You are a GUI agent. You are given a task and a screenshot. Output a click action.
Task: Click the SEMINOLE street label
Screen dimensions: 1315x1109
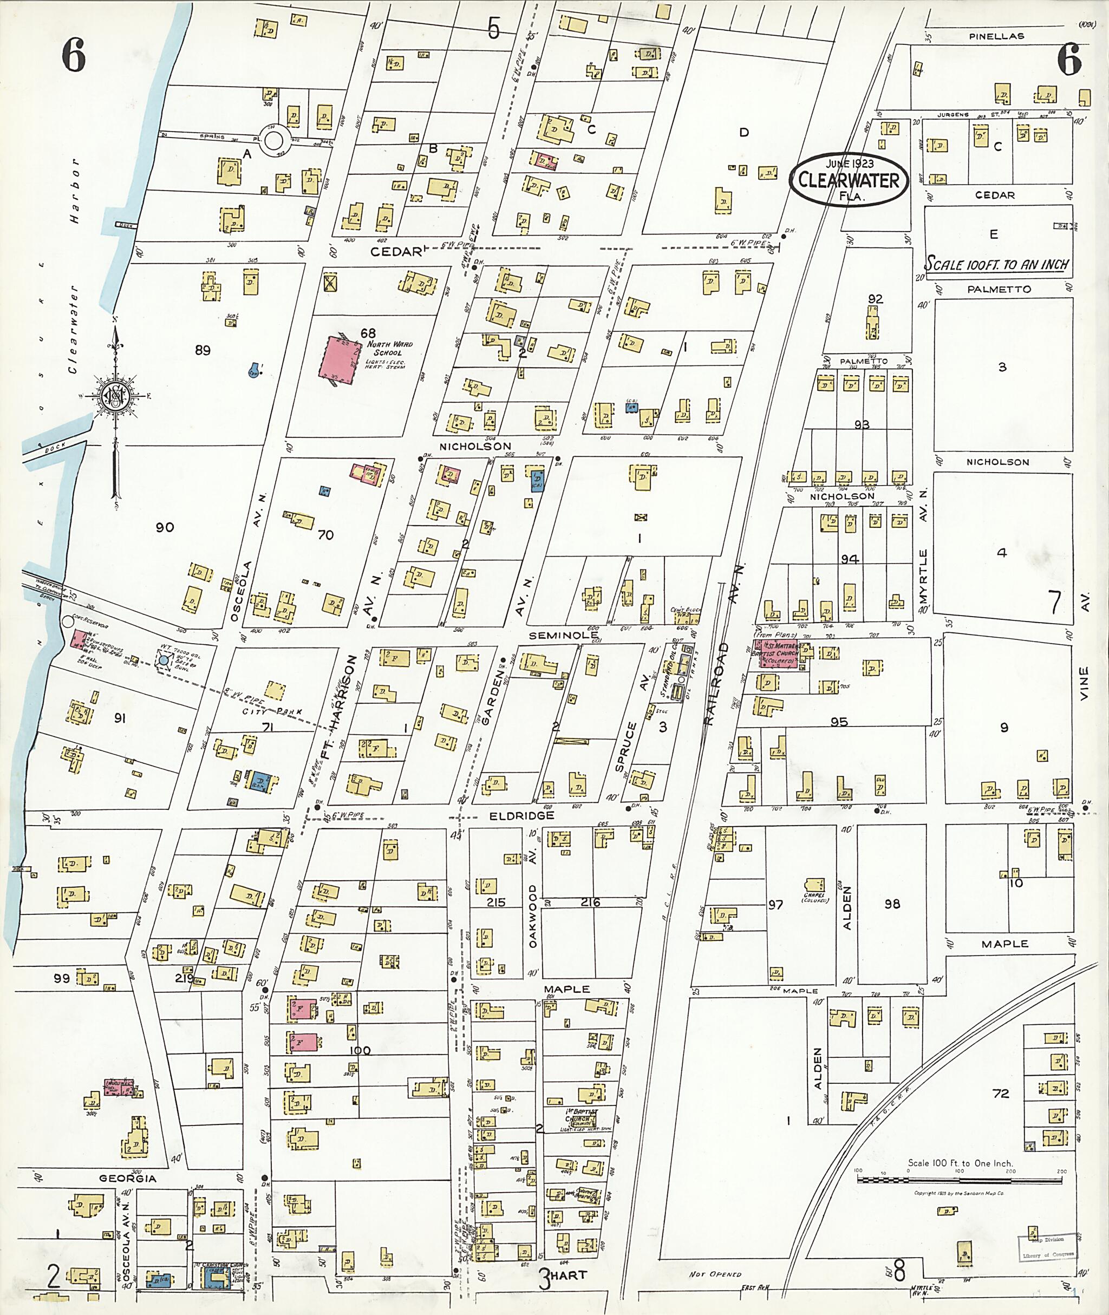click(563, 636)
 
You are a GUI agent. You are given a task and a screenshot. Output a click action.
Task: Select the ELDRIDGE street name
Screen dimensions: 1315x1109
click(522, 815)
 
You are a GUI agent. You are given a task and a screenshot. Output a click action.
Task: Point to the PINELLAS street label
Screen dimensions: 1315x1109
click(996, 36)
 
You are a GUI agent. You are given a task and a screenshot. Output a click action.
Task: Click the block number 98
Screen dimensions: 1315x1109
click(891, 904)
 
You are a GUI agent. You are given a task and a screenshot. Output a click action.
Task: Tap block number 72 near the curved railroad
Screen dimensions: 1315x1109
click(1000, 1093)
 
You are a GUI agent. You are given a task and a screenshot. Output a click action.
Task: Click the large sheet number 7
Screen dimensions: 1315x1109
click(1055, 603)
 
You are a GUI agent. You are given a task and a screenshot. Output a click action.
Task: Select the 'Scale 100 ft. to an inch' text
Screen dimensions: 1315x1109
click(997, 264)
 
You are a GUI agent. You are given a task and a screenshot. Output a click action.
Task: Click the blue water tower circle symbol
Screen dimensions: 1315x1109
click(164, 660)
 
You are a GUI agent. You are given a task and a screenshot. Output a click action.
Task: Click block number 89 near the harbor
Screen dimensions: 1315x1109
click(203, 351)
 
